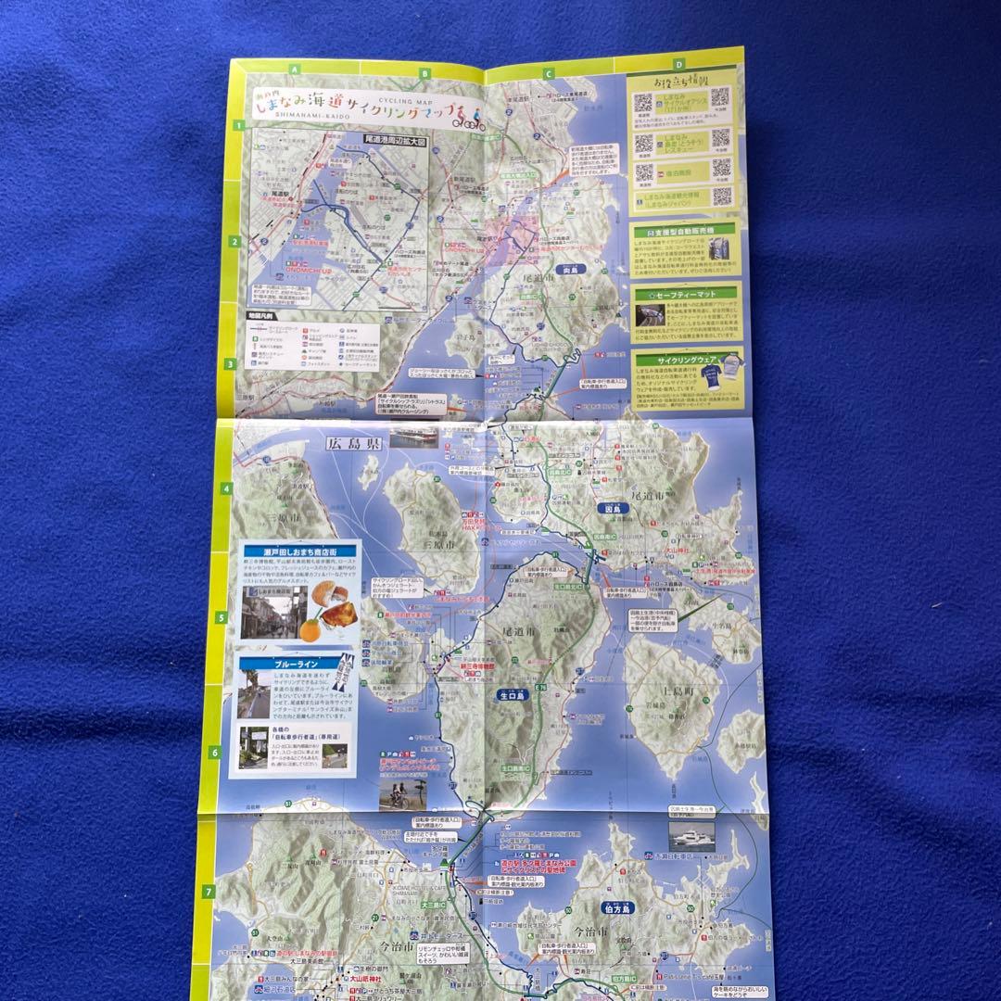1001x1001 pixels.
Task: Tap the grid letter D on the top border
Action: (679, 64)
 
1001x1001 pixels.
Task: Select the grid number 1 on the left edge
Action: (238, 125)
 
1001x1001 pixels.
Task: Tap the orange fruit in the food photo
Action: (310, 627)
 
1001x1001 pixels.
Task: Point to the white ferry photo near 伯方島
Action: (691, 835)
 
